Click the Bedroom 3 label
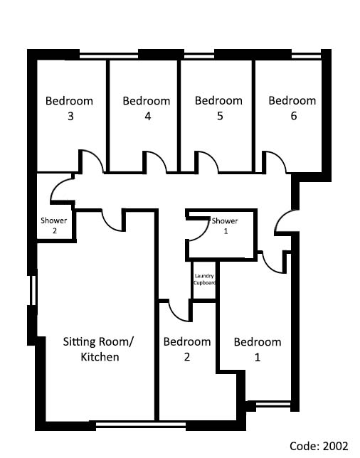[x=69, y=108]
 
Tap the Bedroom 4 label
[x=147, y=108]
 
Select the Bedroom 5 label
[x=218, y=108]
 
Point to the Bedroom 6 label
[x=292, y=108]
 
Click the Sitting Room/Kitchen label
[x=99, y=349]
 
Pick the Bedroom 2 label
[x=187, y=349]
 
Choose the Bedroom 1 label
[x=258, y=349]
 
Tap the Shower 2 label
[x=54, y=225]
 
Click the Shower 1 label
[x=225, y=225]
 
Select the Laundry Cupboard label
[x=205, y=279]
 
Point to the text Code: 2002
[x=319, y=446]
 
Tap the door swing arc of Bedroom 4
[x=160, y=157]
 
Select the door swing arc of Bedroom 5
[x=211, y=157]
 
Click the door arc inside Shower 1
[x=203, y=234]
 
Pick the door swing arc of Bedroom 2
[x=174, y=316]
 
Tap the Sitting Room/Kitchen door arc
[x=107, y=225]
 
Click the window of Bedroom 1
[x=273, y=405]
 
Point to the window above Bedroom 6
[x=307, y=55]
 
